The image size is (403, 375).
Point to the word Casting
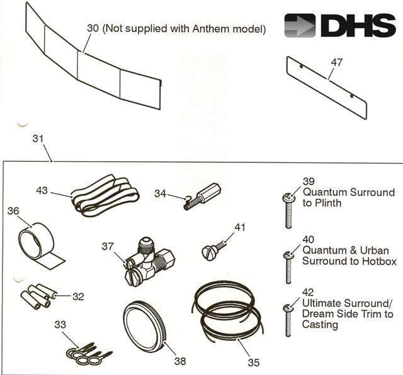click(x=321, y=325)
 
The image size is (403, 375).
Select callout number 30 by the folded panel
click(x=93, y=29)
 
